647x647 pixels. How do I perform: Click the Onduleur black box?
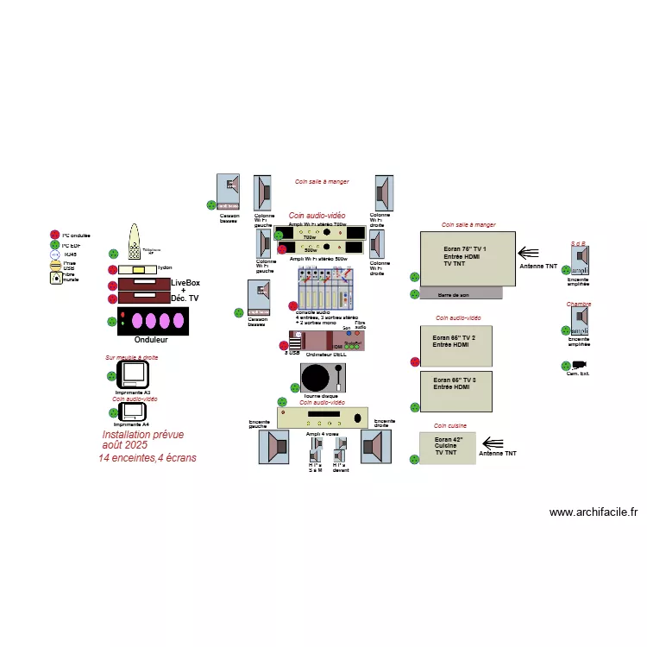[152, 321]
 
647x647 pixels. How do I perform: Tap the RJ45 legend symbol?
[55, 254]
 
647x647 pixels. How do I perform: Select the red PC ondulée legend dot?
[55, 235]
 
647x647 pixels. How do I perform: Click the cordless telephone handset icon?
[135, 243]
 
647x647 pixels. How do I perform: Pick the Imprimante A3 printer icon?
[134, 374]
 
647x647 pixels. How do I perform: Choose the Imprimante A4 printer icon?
[134, 412]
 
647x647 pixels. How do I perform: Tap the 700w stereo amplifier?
[322, 233]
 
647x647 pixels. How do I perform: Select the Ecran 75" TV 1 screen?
[467, 259]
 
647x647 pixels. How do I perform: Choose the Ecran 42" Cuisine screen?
[447, 448]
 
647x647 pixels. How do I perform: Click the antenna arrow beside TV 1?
[528, 253]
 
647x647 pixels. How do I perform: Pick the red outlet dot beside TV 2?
[414, 362]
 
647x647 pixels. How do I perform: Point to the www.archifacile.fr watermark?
[593, 512]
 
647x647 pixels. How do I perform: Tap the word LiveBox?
[185, 283]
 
